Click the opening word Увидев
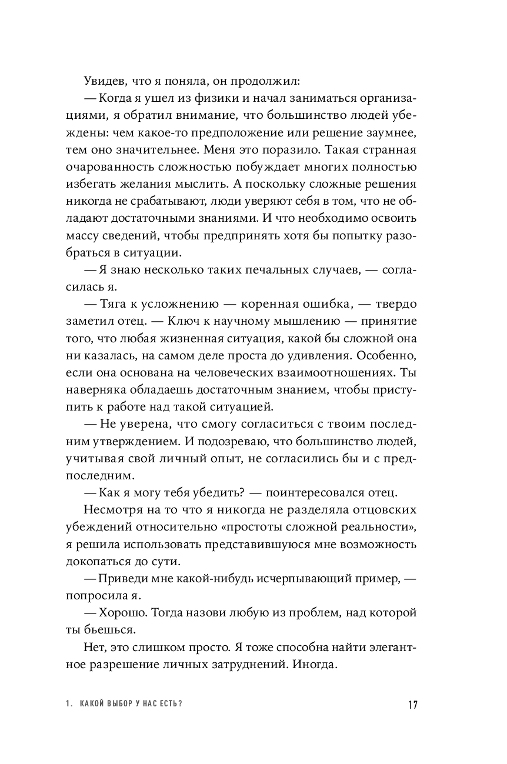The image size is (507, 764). point(104,80)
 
